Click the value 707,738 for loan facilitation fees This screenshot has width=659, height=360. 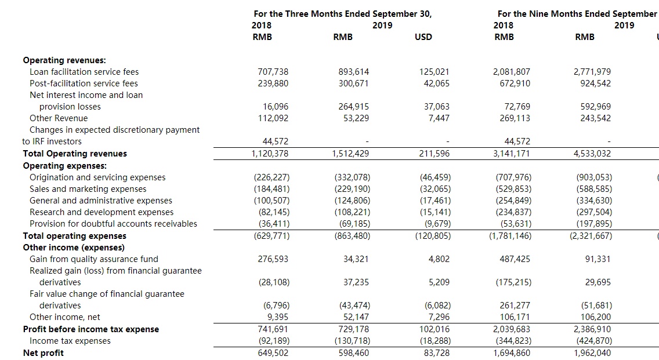point(273,72)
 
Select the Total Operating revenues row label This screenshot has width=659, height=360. point(75,154)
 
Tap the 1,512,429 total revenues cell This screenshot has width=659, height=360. point(350,154)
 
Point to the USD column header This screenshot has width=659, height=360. point(423,37)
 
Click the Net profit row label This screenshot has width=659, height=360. point(44,353)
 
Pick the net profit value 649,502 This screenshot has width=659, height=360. point(273,353)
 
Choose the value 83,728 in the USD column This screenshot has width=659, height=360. point(435,353)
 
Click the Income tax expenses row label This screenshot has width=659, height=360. point(70,341)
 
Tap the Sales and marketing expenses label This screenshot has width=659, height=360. point(88,189)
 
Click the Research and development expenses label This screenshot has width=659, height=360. point(102,212)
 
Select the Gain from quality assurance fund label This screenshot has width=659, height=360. point(94,259)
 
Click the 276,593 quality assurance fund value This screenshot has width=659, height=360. point(273,259)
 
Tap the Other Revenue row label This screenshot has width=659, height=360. point(59,118)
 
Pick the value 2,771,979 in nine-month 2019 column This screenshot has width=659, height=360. point(592,72)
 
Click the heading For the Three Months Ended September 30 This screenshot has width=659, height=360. point(342,13)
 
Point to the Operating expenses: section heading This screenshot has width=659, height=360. point(61,166)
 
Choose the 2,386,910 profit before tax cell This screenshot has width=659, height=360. point(592,329)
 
